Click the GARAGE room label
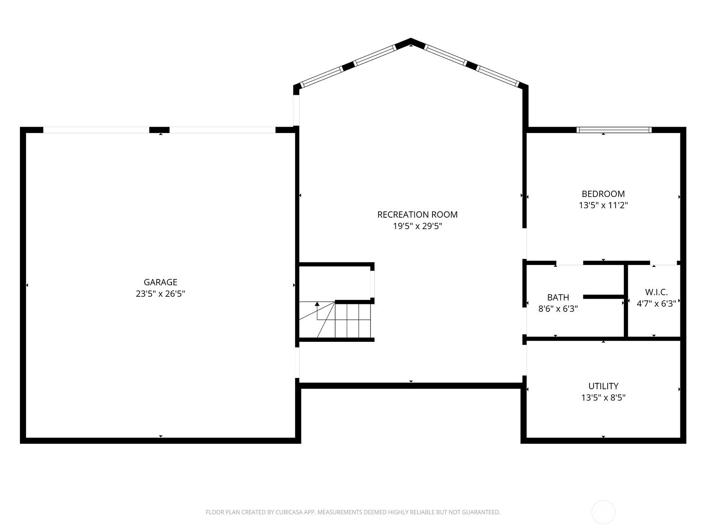160,282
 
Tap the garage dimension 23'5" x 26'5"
160,293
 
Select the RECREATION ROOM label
417,215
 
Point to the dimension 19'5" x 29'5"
417,226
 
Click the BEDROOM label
603,194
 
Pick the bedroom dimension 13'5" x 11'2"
603,205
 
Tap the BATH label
558,297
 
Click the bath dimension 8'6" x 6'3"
558,309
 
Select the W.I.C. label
656,292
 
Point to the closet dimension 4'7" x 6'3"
656,303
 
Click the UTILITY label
603,386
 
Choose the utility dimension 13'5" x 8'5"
603,397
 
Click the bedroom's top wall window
614,130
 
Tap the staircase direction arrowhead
317,304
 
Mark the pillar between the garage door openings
159,130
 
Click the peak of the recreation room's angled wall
411,39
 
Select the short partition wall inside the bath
603,297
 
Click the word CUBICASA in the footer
288,512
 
